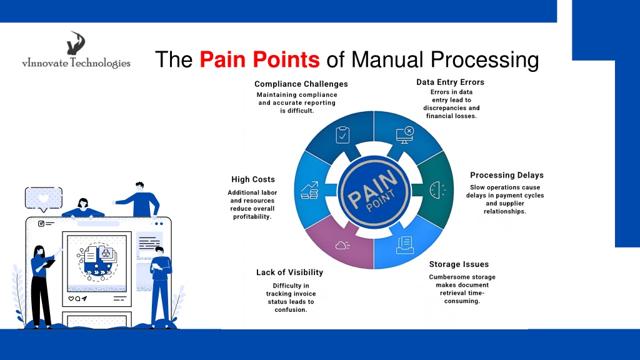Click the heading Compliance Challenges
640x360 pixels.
(301, 84)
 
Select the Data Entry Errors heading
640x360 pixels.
(450, 82)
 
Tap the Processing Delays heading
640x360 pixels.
(507, 175)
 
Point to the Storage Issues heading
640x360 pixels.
(459, 264)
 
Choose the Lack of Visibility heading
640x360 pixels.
(290, 272)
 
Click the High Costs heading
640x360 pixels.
(253, 179)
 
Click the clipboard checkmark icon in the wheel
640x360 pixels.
(342, 135)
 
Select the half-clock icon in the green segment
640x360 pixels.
(437, 190)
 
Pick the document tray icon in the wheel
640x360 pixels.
(405, 245)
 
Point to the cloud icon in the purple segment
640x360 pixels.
(342, 245)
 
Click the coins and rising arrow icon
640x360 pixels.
(310, 190)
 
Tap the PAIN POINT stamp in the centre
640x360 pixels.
(374, 191)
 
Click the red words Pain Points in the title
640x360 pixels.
(259, 59)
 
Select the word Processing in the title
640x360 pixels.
(485, 60)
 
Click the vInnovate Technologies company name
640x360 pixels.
(76, 63)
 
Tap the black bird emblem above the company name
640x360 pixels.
(76, 43)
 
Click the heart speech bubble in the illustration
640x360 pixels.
(44, 199)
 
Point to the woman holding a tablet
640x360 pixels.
(42, 286)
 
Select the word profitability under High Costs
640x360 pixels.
(252, 217)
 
